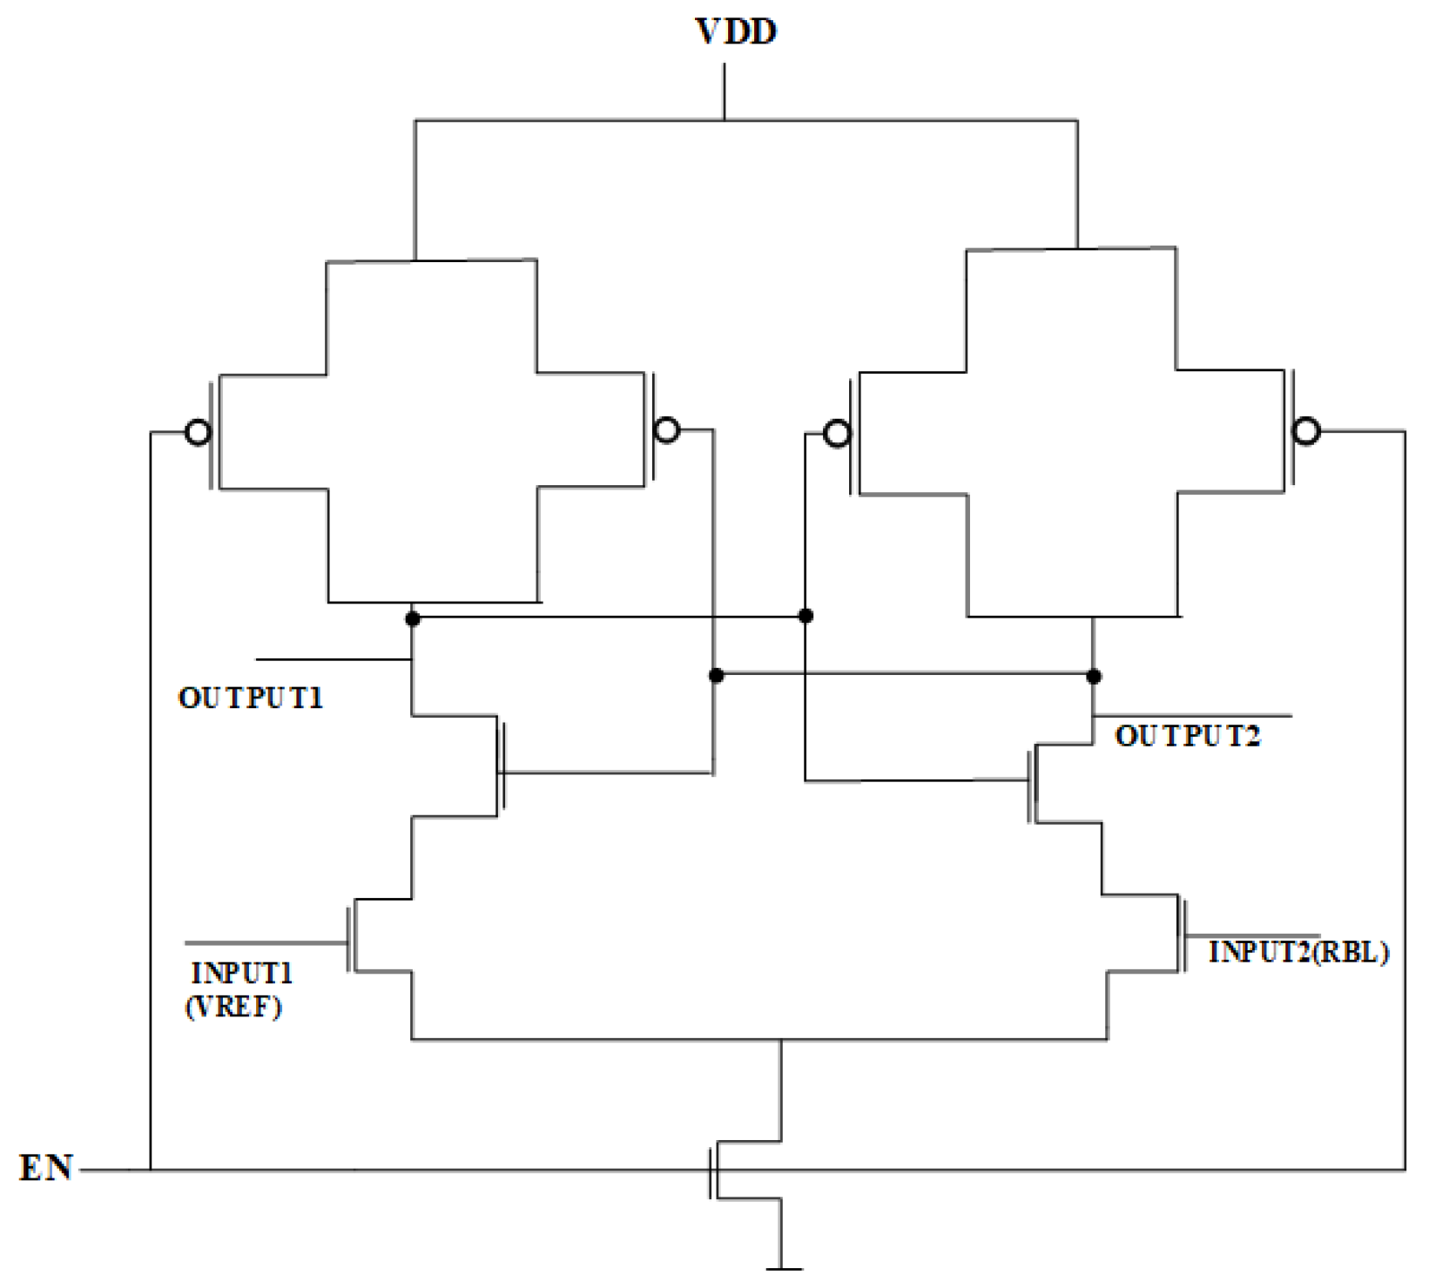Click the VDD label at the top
point(736,31)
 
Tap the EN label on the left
point(46,1168)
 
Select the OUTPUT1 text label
point(251,698)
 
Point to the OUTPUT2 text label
point(1187,736)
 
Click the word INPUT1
point(241,973)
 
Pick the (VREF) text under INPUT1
point(233,1007)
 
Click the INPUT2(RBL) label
point(1298,952)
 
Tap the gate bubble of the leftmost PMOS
point(199,432)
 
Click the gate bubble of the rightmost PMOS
point(1306,430)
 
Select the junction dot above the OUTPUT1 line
point(413,618)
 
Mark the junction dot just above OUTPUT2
point(1094,676)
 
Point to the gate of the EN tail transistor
point(711,1171)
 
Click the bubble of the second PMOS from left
point(667,429)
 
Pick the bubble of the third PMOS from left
point(837,433)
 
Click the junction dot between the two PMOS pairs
point(805,616)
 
